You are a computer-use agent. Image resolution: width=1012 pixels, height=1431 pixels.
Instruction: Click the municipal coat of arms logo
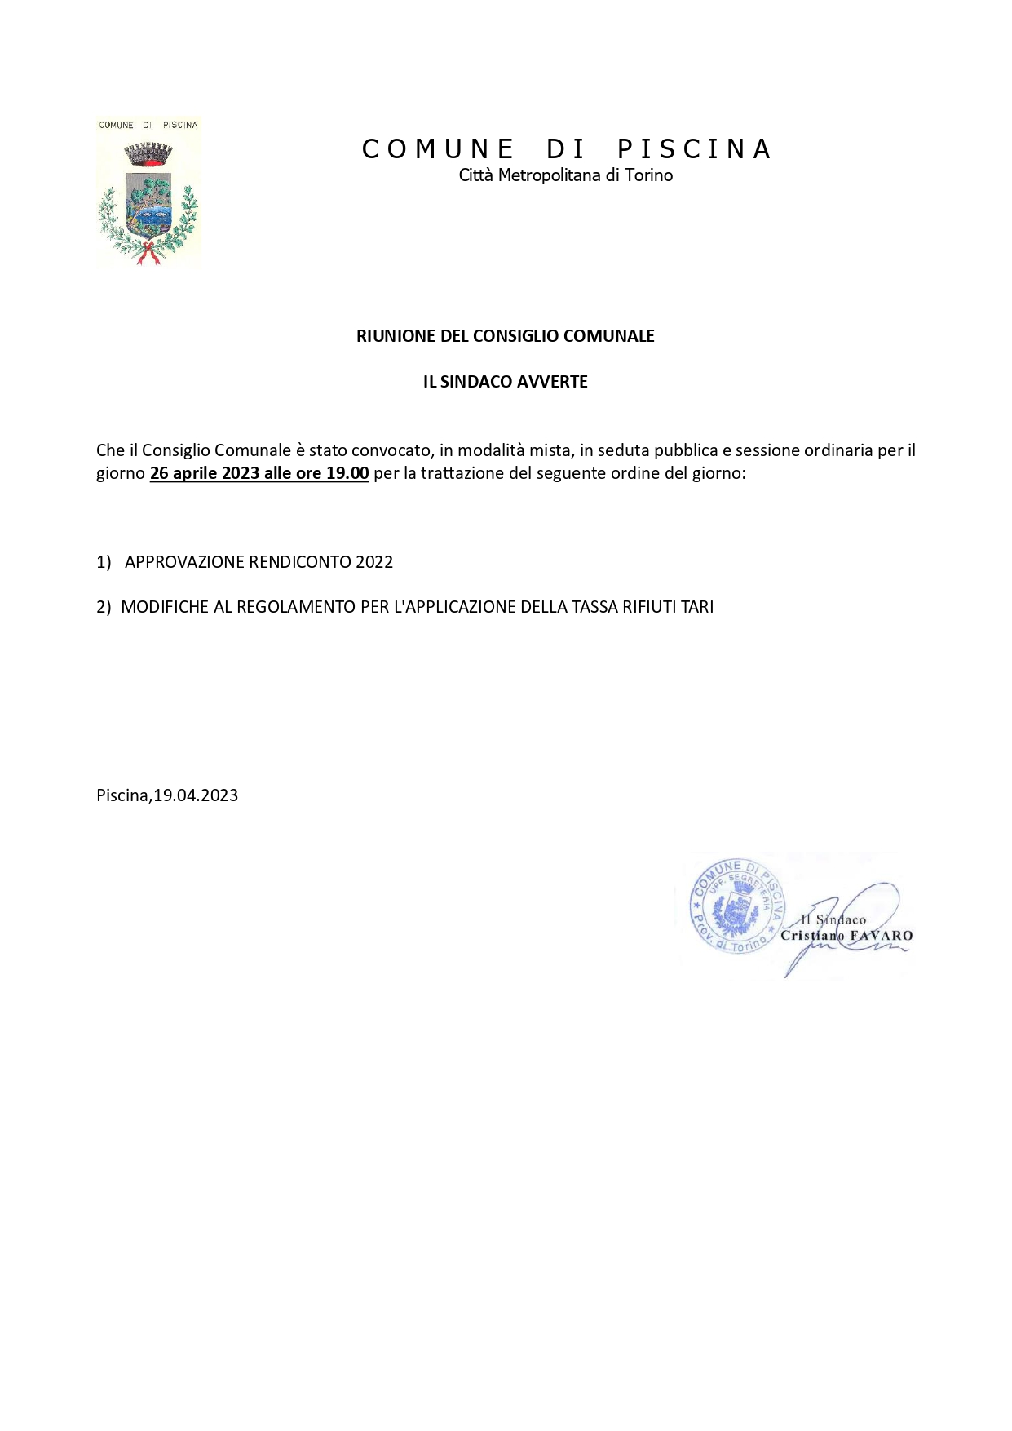(148, 193)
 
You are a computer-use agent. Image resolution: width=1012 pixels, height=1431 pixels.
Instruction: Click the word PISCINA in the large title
(694, 149)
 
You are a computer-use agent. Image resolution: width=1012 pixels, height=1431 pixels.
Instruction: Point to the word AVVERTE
(553, 382)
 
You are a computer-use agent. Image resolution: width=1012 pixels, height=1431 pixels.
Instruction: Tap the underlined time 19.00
(347, 473)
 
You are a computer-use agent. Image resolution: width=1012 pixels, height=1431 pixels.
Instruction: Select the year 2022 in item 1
(374, 562)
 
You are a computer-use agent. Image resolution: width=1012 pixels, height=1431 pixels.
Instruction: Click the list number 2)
(104, 607)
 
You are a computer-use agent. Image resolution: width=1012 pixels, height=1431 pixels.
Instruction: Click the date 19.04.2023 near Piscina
(196, 795)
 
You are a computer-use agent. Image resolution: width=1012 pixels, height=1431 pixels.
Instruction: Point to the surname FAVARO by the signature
(881, 936)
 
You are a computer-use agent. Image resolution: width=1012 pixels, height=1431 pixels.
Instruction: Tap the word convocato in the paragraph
(391, 450)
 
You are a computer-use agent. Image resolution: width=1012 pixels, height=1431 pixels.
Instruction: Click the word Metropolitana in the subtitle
(550, 175)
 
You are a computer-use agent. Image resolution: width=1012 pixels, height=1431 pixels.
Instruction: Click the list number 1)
(104, 562)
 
